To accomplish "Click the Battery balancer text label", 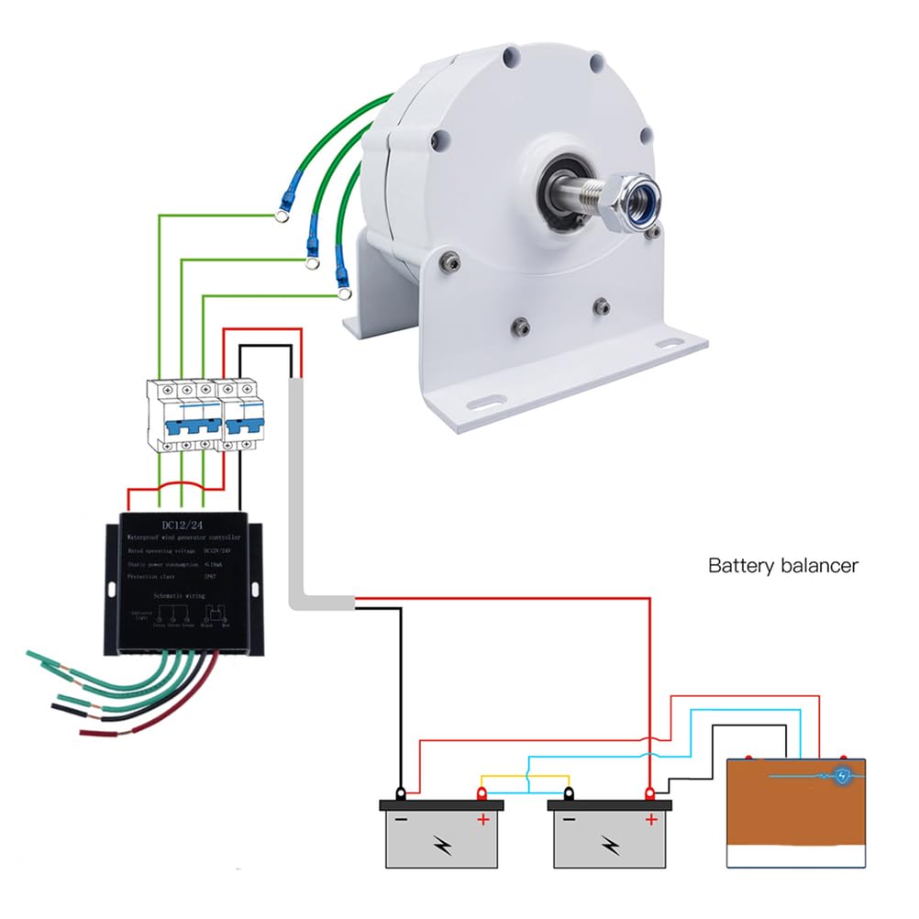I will pos(783,565).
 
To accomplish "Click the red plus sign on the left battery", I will pos(482,819).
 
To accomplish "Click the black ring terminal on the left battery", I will pos(402,792).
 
